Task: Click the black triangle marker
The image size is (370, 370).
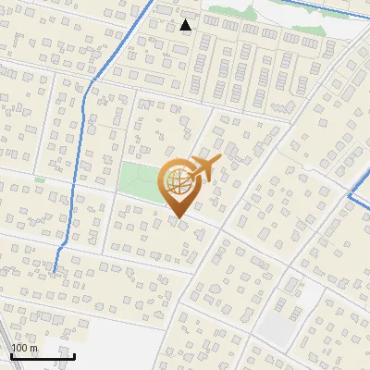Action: (x=187, y=25)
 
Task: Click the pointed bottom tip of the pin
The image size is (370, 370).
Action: (x=179, y=218)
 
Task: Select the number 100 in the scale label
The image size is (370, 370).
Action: (x=19, y=348)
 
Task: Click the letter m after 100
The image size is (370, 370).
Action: (x=33, y=348)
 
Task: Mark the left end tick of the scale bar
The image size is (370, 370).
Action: (x=11, y=354)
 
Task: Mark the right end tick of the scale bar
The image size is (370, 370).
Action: (x=74, y=354)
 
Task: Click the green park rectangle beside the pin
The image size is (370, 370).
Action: (x=139, y=179)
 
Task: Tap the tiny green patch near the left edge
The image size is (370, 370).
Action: (x=40, y=179)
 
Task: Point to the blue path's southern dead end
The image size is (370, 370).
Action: (x=55, y=271)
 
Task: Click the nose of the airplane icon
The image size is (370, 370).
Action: (x=219, y=161)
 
